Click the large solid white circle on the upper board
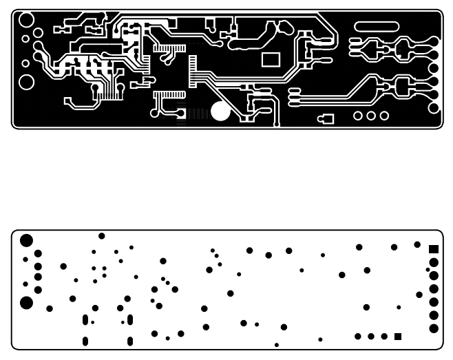tap(220, 111)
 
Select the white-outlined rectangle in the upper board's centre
tap(271, 58)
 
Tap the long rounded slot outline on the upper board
tap(375, 25)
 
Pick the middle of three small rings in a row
tap(372, 116)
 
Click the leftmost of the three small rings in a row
tap(359, 116)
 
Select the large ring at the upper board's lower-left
tap(26, 82)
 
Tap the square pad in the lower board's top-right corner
tap(434, 248)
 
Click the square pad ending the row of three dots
tap(398, 337)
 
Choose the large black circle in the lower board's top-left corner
tap(26, 240)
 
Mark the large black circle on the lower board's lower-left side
tap(26, 302)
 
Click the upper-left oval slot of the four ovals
tap(85, 319)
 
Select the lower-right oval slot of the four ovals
tap(130, 341)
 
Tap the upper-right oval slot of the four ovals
tap(129, 319)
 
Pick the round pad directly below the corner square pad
tap(434, 262)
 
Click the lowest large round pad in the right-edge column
tap(434, 328)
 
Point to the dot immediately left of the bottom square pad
tap(384, 337)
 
